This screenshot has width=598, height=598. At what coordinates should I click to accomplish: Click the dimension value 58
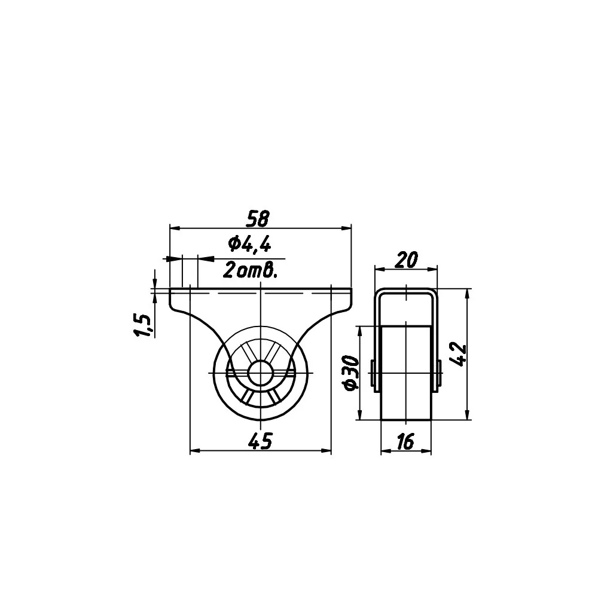[258, 218]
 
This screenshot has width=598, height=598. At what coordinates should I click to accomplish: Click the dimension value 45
[260, 441]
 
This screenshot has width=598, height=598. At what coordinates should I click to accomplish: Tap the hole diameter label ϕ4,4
[249, 245]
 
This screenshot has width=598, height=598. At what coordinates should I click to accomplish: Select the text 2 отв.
[249, 270]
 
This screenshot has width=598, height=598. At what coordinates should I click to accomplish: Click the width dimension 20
[406, 260]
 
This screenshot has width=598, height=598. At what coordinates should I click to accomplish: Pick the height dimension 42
[458, 355]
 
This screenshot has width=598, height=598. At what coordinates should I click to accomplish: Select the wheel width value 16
[405, 442]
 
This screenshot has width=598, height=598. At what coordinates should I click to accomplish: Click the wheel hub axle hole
[260, 373]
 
